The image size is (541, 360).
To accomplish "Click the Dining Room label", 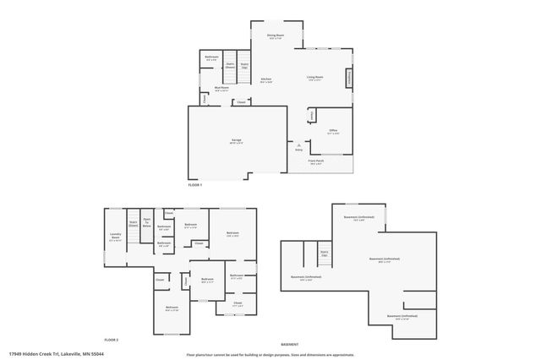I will coord(276,36).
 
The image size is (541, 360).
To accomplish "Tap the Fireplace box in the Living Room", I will coord(347,78).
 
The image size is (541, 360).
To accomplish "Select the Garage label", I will coord(238,140).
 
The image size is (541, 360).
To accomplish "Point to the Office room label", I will coord(334,131).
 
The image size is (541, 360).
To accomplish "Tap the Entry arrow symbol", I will coord(298,145).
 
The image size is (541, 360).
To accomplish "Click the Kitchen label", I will coord(265,79).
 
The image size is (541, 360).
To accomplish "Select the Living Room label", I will coord(315,79).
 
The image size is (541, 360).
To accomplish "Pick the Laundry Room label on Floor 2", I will coord(116,237).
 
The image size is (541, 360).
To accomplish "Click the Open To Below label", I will coord(146,224).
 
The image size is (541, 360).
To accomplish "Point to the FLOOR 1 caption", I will coord(195,183).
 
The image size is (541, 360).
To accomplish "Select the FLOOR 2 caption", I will coord(111,339).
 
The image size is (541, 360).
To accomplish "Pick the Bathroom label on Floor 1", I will coord(211,58).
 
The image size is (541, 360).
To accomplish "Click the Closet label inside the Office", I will coord(312,113).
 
